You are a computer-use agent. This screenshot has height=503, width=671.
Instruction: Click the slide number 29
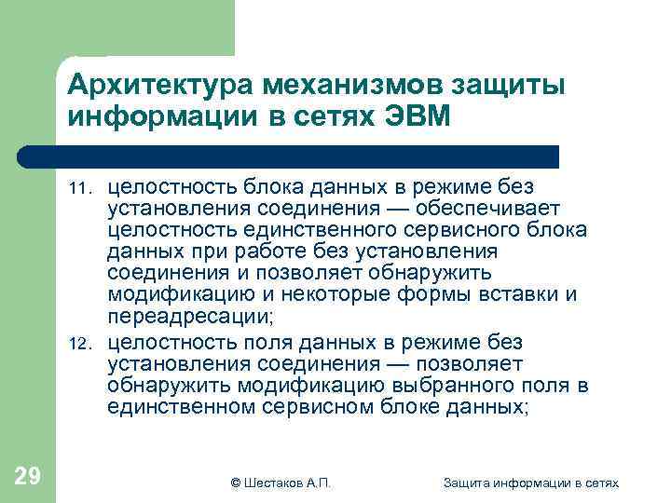28,477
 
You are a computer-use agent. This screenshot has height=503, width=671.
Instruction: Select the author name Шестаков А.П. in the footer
286,482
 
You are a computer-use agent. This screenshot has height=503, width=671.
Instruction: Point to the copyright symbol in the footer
235,482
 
